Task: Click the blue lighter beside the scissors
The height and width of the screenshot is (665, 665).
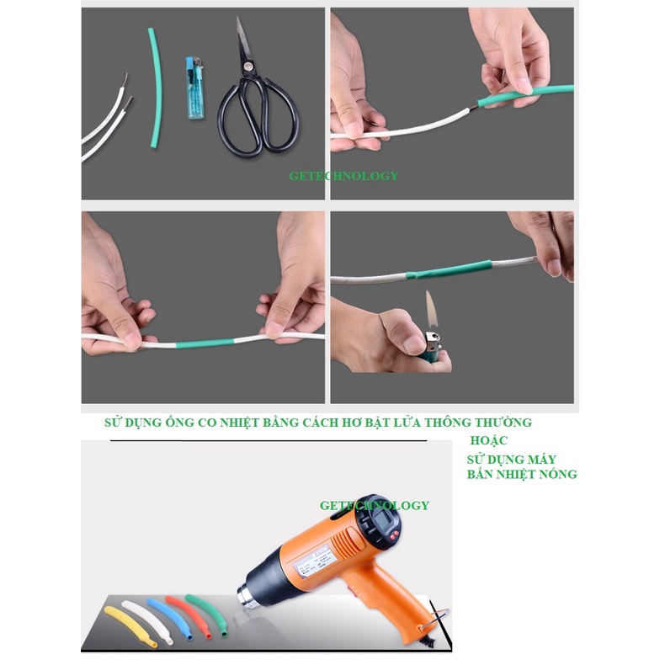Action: point(193,90)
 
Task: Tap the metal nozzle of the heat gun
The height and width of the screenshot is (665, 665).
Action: point(250,593)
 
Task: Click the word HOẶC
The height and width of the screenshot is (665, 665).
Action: point(489,441)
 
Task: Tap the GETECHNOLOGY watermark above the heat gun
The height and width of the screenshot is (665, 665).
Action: point(374,505)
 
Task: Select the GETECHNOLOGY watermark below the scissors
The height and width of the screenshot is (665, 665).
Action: point(343,176)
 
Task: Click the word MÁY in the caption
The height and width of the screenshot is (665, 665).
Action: point(539,459)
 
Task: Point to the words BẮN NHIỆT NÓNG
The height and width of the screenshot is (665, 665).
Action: point(522,475)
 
